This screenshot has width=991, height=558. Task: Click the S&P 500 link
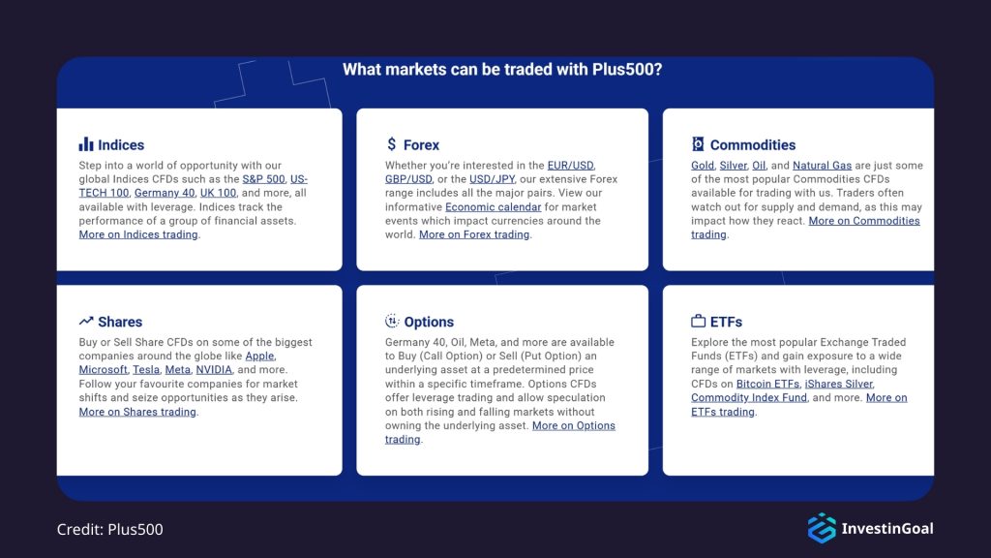coord(263,179)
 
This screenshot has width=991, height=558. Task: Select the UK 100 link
coord(218,193)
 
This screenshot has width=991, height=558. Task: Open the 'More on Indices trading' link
coord(138,234)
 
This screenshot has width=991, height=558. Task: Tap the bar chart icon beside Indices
coord(86,144)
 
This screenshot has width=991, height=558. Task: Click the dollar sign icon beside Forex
coord(391,144)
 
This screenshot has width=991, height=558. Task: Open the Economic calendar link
coord(494,206)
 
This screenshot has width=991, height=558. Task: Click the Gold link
coord(703,166)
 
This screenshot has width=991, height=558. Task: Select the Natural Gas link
coord(822,166)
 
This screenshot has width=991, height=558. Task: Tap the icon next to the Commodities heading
coord(698,144)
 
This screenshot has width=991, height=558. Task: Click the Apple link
coord(259,356)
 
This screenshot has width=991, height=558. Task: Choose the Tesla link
coord(145,370)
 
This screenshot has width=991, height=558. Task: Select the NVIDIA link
coord(213,370)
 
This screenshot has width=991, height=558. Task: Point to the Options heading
coord(429,322)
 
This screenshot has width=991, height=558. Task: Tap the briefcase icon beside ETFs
coord(698,322)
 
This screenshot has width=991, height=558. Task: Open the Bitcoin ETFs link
coord(767,384)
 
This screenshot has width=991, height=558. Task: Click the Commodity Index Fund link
coord(748,397)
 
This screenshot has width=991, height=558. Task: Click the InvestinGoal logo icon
coord(822,528)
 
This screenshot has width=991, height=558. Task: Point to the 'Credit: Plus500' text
coord(110,529)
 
